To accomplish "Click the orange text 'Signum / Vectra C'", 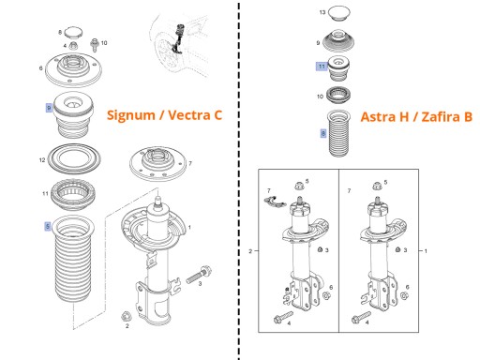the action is click(164, 115).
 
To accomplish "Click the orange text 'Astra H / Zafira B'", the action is click(416, 117).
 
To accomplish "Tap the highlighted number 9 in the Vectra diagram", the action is click(49, 108).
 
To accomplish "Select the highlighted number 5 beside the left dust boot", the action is click(48, 226).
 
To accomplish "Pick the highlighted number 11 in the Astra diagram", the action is click(322, 67).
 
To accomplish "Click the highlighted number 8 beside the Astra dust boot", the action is click(323, 133).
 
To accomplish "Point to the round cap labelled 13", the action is click(338, 13).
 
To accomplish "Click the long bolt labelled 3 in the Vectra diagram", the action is click(199, 275).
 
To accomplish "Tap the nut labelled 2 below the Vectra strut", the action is click(126, 316).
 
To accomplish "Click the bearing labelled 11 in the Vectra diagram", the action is click(73, 195).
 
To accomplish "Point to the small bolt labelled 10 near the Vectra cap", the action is click(95, 45).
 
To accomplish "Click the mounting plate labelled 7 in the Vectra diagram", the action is click(158, 164).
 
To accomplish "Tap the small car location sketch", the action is click(178, 44).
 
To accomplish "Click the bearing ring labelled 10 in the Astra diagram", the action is click(338, 95).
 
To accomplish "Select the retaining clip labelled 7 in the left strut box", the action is click(274, 202).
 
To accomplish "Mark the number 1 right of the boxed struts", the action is click(426, 250).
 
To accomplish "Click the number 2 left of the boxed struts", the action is click(250, 251).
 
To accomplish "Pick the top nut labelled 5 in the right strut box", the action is click(378, 186).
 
